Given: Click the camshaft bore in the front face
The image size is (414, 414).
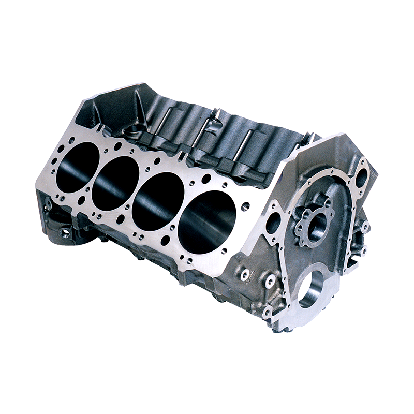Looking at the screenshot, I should [317, 227].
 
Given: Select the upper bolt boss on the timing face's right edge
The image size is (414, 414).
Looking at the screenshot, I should [365, 226].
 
